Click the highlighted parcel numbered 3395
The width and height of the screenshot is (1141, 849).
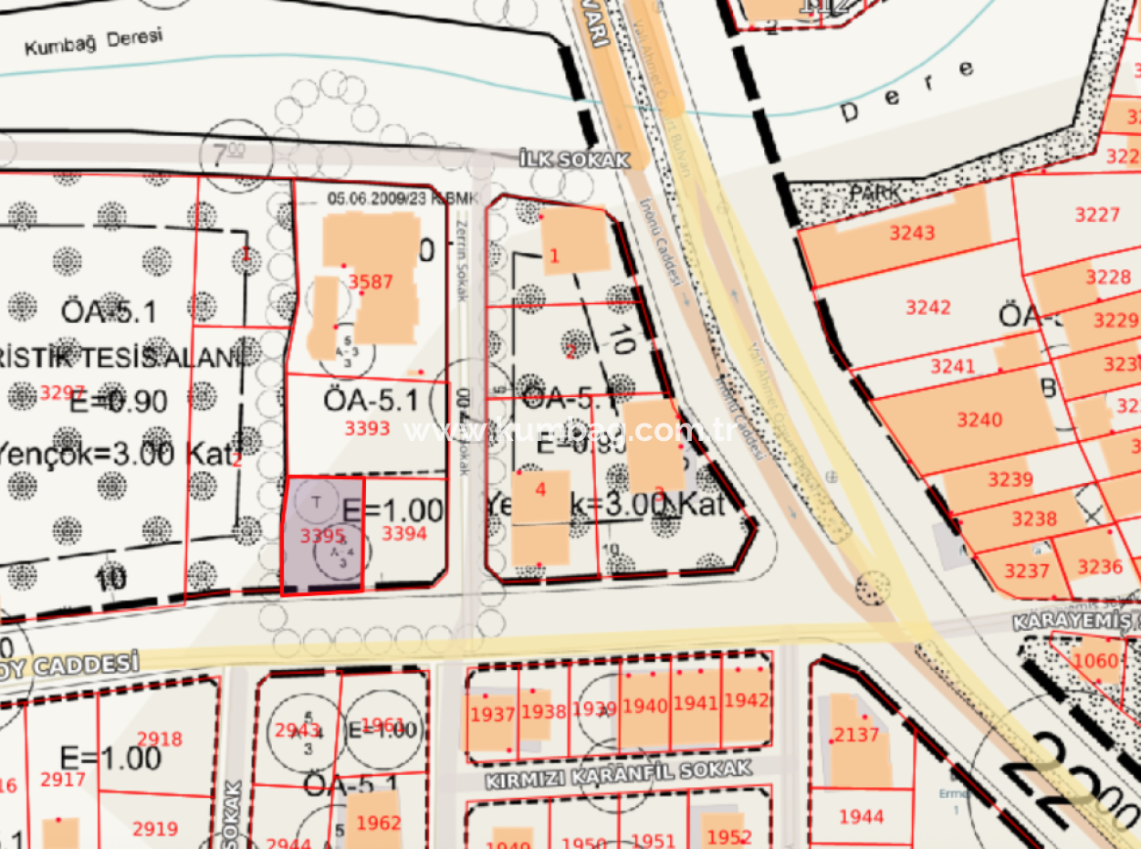[x=322, y=536]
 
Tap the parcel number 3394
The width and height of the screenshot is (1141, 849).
[x=403, y=533]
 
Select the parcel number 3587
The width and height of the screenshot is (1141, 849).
[x=371, y=281]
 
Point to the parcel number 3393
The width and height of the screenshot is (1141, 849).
[x=367, y=428]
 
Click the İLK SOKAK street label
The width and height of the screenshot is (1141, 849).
[x=574, y=160]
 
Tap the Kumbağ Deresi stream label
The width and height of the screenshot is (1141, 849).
[x=93, y=42]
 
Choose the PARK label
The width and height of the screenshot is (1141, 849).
[x=875, y=194]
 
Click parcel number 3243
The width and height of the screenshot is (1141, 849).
[x=912, y=233]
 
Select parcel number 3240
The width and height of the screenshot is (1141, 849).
[x=979, y=420]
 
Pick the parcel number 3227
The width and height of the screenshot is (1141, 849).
[x=1096, y=215]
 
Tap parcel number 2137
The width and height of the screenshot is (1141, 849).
[x=856, y=735]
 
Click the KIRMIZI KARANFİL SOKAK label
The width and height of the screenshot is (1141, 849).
[x=619, y=775]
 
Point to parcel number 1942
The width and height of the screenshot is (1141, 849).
[x=746, y=701]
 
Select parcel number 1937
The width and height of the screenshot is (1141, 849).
[x=492, y=714]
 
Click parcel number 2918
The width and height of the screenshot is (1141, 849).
[x=159, y=739]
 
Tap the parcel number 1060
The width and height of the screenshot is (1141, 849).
[x=1095, y=661]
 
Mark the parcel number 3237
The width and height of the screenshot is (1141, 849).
[x=1027, y=571]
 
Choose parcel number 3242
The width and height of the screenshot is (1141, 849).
[x=927, y=308]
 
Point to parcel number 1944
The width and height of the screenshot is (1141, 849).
[x=861, y=816]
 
